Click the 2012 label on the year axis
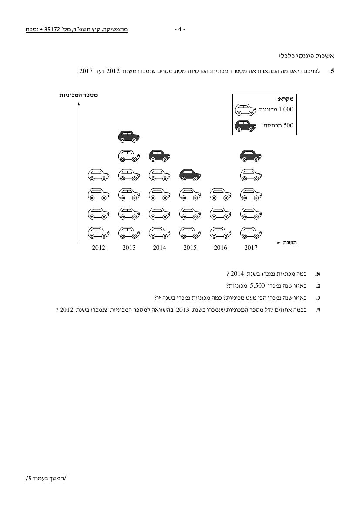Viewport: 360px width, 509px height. click(x=98, y=248)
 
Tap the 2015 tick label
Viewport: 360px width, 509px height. click(x=190, y=248)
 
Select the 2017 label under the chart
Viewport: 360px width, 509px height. click(x=251, y=248)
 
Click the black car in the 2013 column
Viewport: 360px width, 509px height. click(x=129, y=137)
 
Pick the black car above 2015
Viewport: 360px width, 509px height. click(x=190, y=175)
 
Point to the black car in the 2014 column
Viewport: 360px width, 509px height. click(x=159, y=156)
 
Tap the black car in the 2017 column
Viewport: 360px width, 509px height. click(x=251, y=156)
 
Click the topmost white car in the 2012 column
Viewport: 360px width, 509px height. click(x=98, y=175)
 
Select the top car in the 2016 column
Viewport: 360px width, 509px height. click(x=221, y=194)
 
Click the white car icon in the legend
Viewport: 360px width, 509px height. click(x=246, y=110)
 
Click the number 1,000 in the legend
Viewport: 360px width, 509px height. click(x=286, y=109)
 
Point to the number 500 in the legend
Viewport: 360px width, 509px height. click(x=289, y=125)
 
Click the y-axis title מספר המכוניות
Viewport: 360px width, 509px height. click(x=78, y=95)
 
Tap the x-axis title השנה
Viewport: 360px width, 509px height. click(x=289, y=242)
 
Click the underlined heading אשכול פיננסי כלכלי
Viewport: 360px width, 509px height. click(x=306, y=56)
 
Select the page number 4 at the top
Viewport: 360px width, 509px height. click(x=180, y=30)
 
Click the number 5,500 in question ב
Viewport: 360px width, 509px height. click(x=257, y=286)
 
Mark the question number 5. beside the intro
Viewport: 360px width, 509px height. click(x=331, y=71)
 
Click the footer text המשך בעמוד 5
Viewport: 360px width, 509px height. click(x=45, y=478)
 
